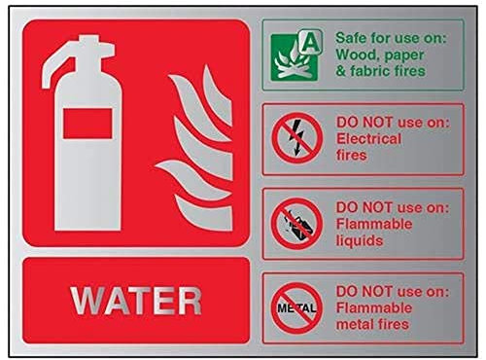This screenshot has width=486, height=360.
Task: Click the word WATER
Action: coord(136,300)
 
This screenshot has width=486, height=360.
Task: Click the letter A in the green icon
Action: coord(312,41)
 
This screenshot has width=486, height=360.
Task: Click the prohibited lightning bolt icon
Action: coord(295,139)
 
